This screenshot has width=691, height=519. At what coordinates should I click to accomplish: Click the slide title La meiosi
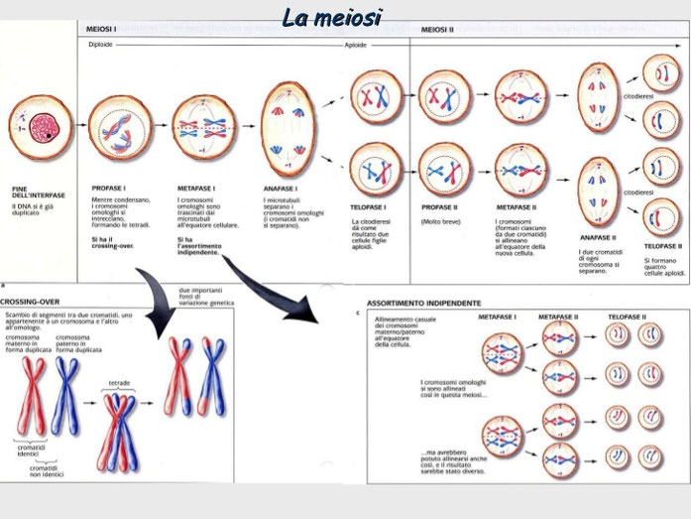pos(331,16)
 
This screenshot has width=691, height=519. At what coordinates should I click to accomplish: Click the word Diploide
pos(101,45)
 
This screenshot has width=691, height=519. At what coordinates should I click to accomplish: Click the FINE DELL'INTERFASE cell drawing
pos(41,126)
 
